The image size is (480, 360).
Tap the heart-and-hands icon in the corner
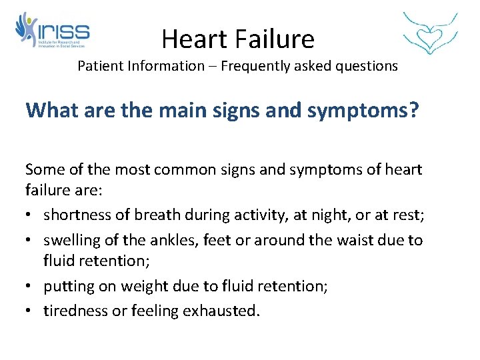click(431, 33)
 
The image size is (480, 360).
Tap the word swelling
click(71, 239)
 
